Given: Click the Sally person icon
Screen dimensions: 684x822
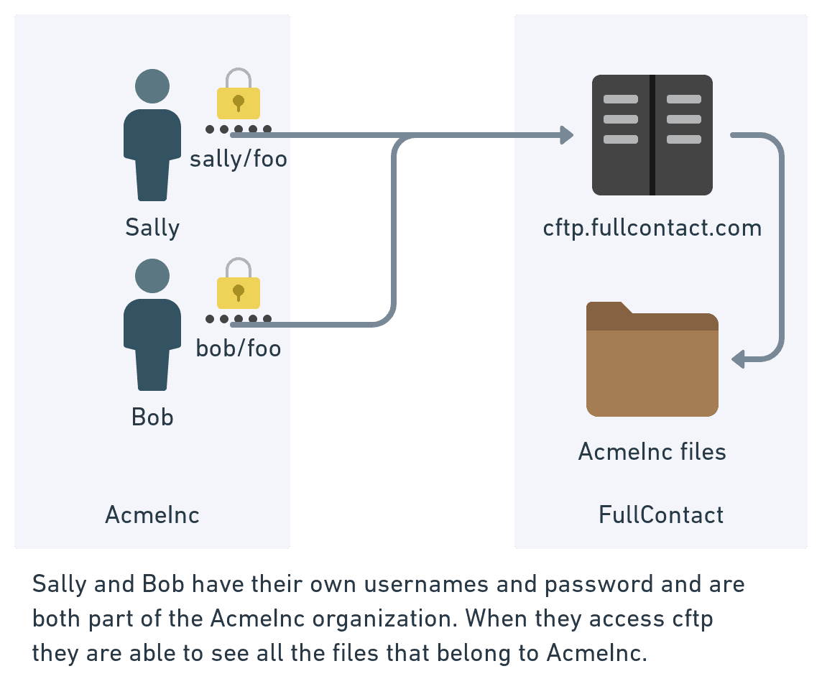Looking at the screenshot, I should [x=152, y=144].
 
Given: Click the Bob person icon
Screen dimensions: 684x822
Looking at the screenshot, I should [x=152, y=334].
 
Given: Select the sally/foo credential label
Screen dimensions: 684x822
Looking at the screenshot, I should [x=239, y=159].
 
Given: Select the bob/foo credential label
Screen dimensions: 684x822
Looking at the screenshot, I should [x=239, y=348].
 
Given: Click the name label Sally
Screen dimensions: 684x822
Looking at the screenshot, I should [x=152, y=228].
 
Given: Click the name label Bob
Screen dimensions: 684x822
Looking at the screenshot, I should [x=152, y=417].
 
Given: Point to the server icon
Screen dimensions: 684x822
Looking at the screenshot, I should [x=652, y=135].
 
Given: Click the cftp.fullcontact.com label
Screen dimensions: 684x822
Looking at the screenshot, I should [x=652, y=228].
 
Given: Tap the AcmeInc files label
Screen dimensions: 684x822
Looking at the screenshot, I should [x=652, y=452].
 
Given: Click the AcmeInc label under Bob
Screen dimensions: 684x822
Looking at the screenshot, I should [x=152, y=514].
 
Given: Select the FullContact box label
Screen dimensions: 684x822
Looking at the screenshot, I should [x=661, y=514].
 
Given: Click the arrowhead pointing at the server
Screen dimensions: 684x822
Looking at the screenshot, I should [x=567, y=134].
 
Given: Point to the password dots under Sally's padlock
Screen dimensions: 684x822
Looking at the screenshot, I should [x=239, y=129].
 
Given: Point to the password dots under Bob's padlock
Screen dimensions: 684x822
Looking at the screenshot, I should [x=239, y=319].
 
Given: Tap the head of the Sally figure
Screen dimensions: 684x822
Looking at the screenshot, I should [x=152, y=86].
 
